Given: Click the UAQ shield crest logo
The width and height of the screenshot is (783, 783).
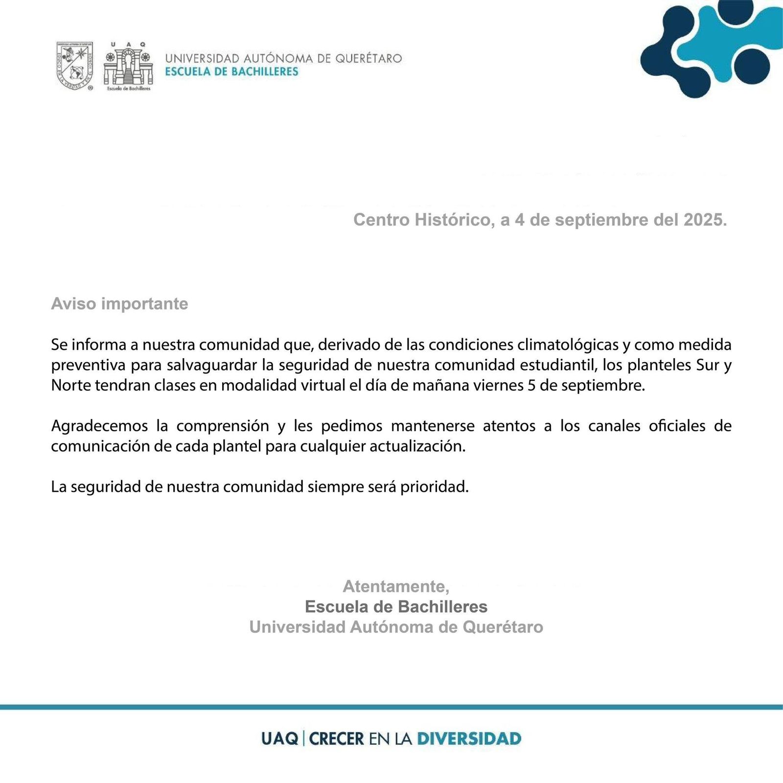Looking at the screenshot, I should click(75, 66).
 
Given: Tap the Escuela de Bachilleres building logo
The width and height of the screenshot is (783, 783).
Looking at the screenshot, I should click(128, 66).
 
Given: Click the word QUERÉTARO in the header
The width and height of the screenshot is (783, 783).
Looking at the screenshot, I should click(368, 58).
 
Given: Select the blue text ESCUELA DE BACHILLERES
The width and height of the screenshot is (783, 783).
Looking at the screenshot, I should click(231, 72).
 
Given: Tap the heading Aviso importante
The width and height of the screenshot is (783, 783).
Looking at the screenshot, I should click(119, 304).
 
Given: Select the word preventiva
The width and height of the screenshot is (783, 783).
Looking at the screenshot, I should click(88, 365).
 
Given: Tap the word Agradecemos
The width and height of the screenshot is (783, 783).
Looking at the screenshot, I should click(99, 426).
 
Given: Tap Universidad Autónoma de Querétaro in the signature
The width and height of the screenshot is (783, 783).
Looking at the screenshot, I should click(396, 627).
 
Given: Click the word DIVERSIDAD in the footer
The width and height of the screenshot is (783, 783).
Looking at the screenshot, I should click(469, 738).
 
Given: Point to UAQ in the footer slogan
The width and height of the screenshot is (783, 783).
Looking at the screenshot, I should click(279, 738).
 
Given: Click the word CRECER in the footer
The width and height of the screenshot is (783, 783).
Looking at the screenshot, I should click(337, 738).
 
